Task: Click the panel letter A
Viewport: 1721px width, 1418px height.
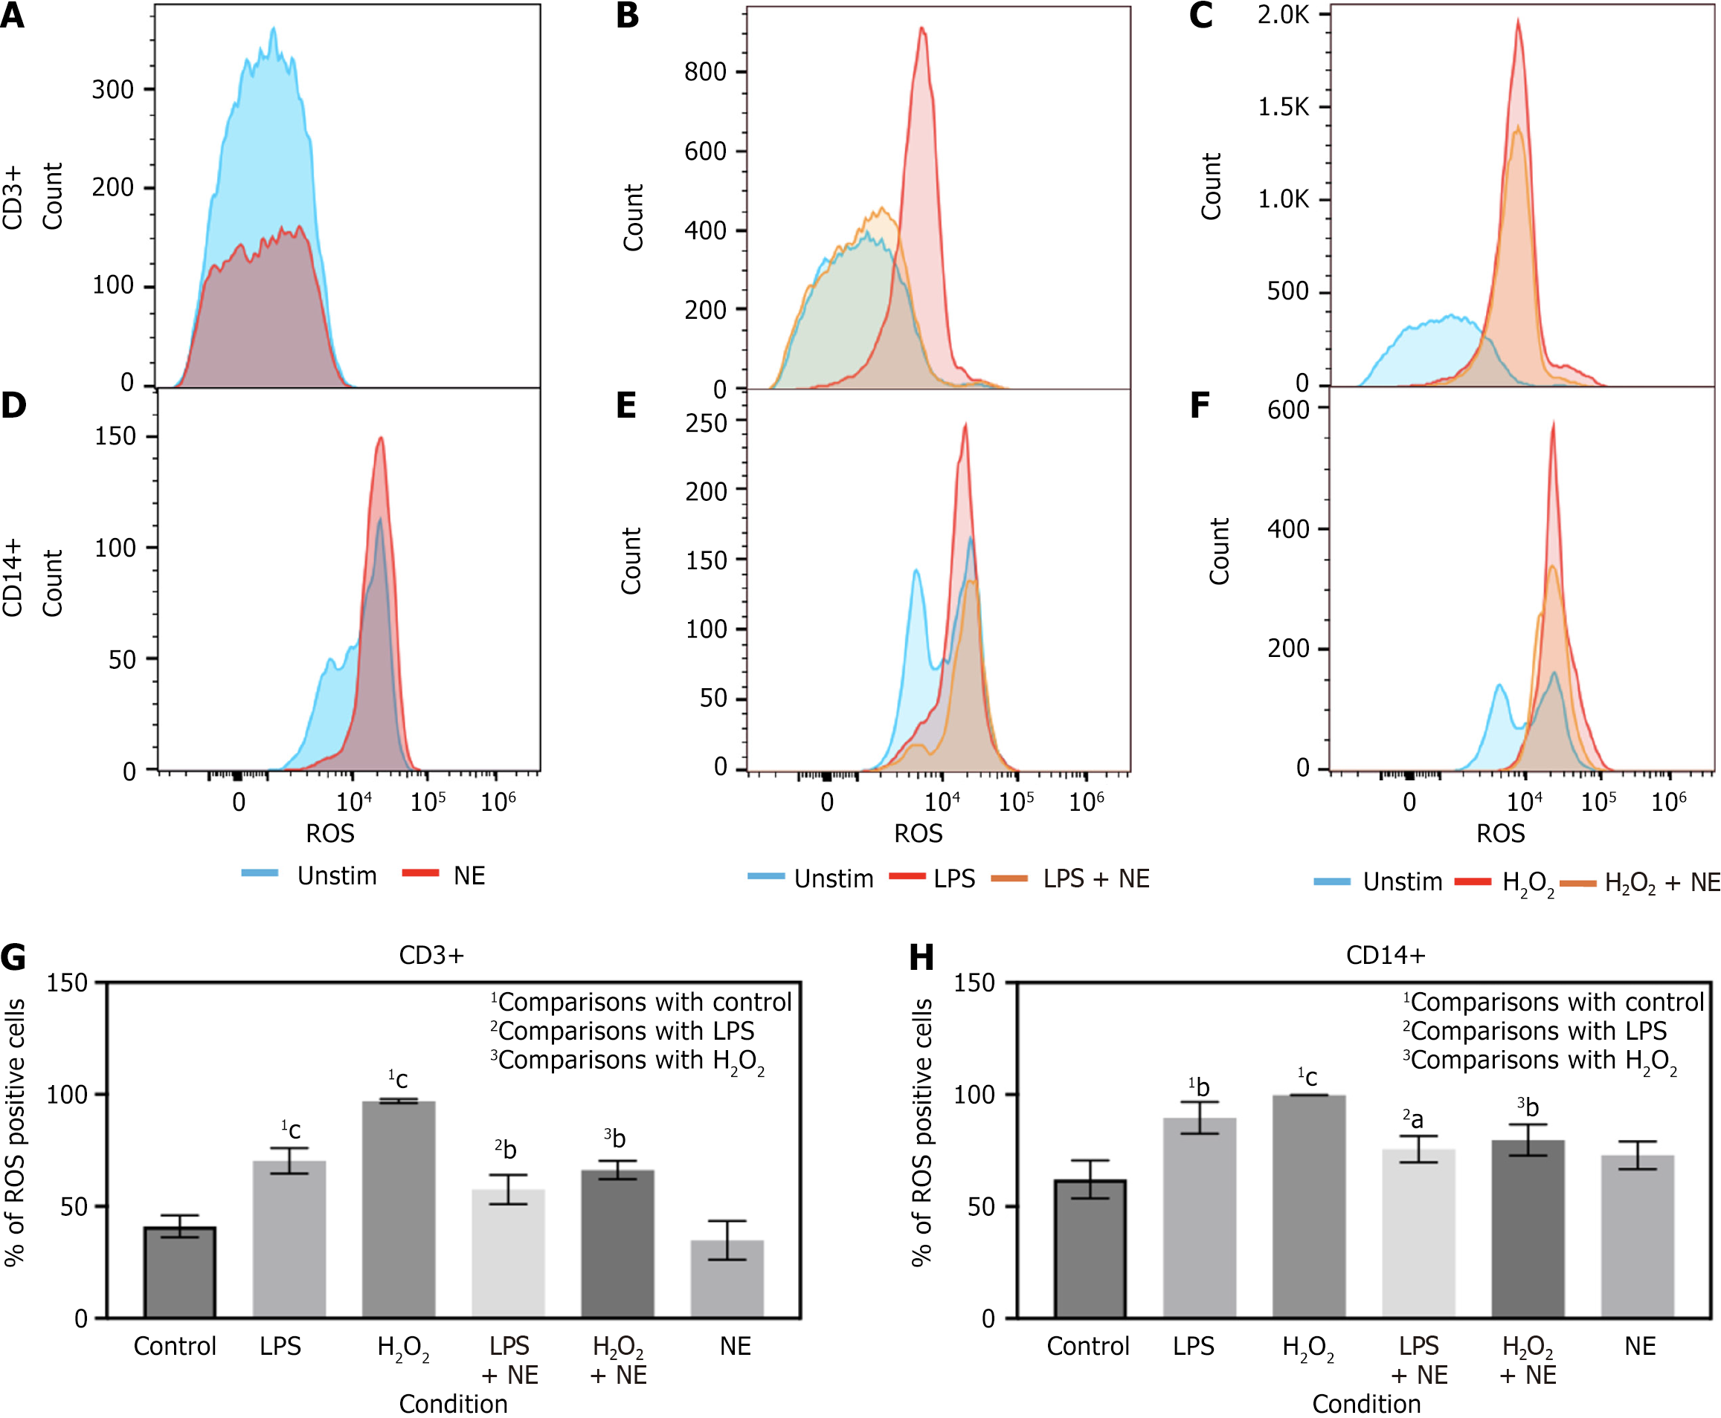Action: coord(12,16)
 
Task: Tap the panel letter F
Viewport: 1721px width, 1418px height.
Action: coord(1199,406)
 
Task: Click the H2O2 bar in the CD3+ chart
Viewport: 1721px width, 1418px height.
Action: coord(399,1209)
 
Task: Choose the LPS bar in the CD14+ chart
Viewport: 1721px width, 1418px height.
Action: coord(1200,1217)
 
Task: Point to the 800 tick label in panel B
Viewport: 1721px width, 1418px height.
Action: coord(705,72)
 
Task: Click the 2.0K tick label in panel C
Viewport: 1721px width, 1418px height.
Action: coord(1283,15)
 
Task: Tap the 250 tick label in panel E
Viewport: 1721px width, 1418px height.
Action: coord(706,423)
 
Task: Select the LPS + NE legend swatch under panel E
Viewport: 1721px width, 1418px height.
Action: coord(1009,879)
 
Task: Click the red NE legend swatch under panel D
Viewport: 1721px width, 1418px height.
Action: coord(420,873)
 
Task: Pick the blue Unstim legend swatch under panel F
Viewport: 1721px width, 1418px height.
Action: coord(1332,882)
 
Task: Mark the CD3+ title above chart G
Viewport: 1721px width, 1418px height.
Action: coord(431,955)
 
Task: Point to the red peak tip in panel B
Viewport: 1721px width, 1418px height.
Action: coord(921,27)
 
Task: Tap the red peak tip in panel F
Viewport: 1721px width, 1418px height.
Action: coord(1553,423)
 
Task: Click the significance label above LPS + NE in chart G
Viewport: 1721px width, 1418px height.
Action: coord(506,1149)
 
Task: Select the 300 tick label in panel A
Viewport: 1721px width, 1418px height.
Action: coord(113,89)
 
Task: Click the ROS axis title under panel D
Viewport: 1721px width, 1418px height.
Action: coord(330,833)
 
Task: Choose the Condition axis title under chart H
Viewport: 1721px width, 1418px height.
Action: coord(1366,1403)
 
